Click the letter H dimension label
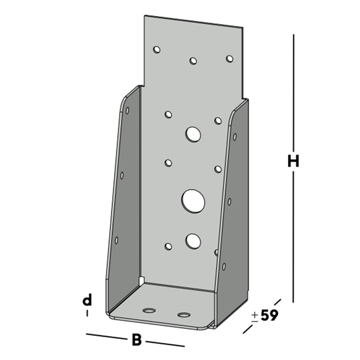[293, 161]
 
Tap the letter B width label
[137, 340]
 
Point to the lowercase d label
[87, 300]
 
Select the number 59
[269, 316]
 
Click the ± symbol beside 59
[254, 316]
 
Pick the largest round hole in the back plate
[193, 200]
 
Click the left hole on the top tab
[157, 50]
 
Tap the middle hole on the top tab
[193, 61]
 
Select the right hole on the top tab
[229, 59]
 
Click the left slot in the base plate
[149, 310]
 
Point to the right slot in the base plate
[184, 315]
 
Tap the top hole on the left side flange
[127, 111]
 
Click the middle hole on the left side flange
[122, 175]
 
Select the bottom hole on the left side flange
[117, 240]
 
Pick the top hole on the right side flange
[235, 137]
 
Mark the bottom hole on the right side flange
[224, 266]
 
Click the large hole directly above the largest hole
[193, 134]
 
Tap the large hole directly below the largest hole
[193, 240]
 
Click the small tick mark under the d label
[87, 313]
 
